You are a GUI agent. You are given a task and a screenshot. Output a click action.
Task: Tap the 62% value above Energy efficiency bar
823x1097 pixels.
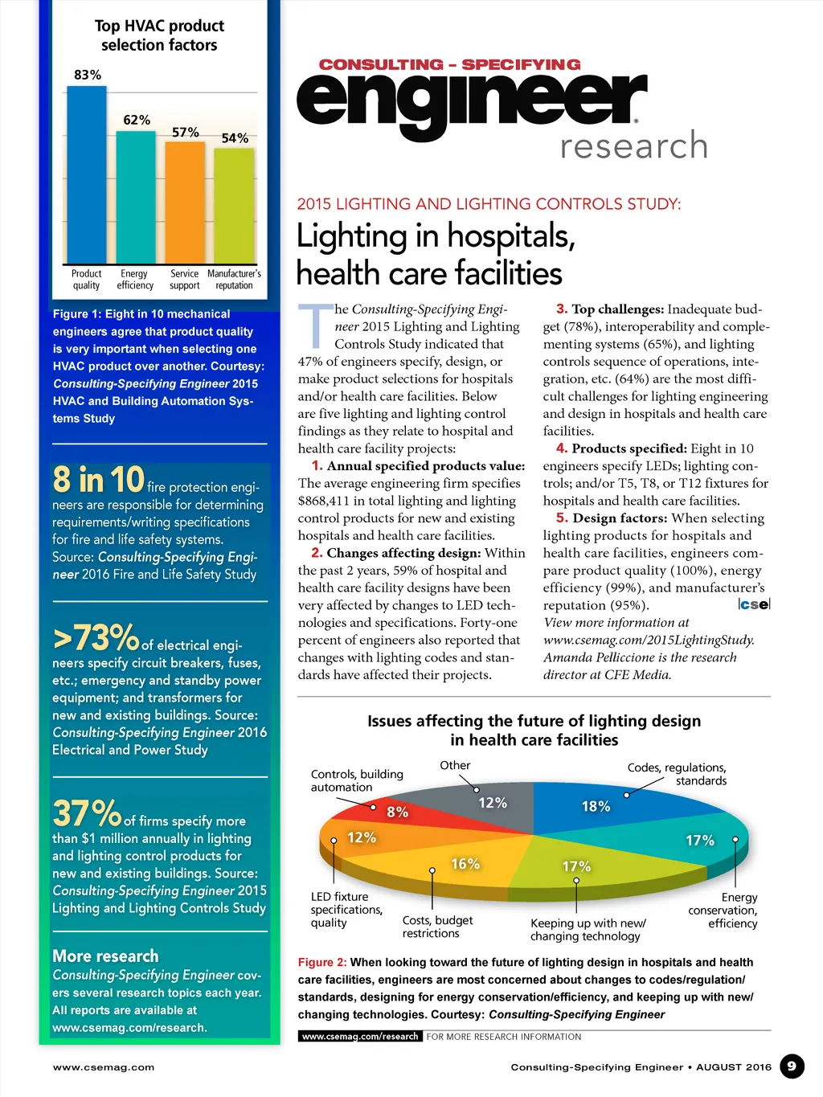(137, 120)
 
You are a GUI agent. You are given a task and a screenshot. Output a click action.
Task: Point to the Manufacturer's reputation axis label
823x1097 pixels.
(234, 280)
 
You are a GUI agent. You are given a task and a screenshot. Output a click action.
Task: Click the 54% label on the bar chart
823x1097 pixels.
(235, 138)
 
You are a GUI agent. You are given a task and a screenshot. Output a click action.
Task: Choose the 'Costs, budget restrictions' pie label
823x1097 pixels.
(437, 927)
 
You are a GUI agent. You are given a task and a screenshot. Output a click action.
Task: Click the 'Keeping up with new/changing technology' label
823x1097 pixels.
(588, 930)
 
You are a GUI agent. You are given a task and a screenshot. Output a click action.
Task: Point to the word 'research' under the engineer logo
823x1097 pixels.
(634, 146)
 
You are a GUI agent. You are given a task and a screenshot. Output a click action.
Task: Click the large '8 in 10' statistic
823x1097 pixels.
(98, 480)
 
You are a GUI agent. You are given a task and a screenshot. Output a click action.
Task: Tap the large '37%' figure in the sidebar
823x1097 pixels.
(87, 813)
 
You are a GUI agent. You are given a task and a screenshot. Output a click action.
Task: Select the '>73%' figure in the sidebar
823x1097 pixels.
(96, 638)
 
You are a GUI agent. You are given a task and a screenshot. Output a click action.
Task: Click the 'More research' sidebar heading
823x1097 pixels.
(105, 956)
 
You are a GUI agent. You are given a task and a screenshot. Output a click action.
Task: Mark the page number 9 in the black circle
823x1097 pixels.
(792, 1066)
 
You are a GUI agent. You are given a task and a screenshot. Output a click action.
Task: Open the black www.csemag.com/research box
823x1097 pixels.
(359, 1037)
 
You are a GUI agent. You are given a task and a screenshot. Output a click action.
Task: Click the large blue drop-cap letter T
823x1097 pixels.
(316, 325)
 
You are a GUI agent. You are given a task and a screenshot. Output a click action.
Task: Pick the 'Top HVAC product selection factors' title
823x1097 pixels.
(159, 35)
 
